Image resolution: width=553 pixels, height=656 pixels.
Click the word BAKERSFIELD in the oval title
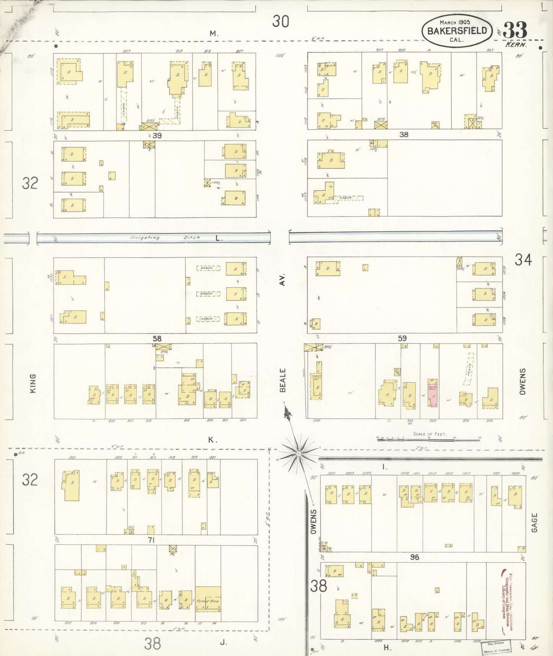(457, 31)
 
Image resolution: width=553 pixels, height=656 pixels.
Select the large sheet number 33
(515, 30)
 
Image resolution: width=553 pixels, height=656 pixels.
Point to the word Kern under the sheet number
(516, 44)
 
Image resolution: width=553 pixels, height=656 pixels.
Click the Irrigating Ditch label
(165, 238)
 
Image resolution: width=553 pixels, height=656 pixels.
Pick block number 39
(157, 135)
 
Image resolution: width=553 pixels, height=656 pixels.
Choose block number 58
(157, 338)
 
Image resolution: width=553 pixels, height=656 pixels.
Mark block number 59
(402, 338)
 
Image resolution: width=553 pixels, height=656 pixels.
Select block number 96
(414, 557)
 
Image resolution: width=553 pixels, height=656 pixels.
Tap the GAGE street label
(534, 522)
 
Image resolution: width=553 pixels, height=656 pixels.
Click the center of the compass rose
(298, 454)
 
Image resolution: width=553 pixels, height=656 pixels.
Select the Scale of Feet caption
(429, 434)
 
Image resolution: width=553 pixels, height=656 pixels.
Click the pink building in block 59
(433, 393)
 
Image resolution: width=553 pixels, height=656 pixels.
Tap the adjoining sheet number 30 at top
(281, 21)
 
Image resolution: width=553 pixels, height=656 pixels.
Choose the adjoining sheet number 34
(523, 260)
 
